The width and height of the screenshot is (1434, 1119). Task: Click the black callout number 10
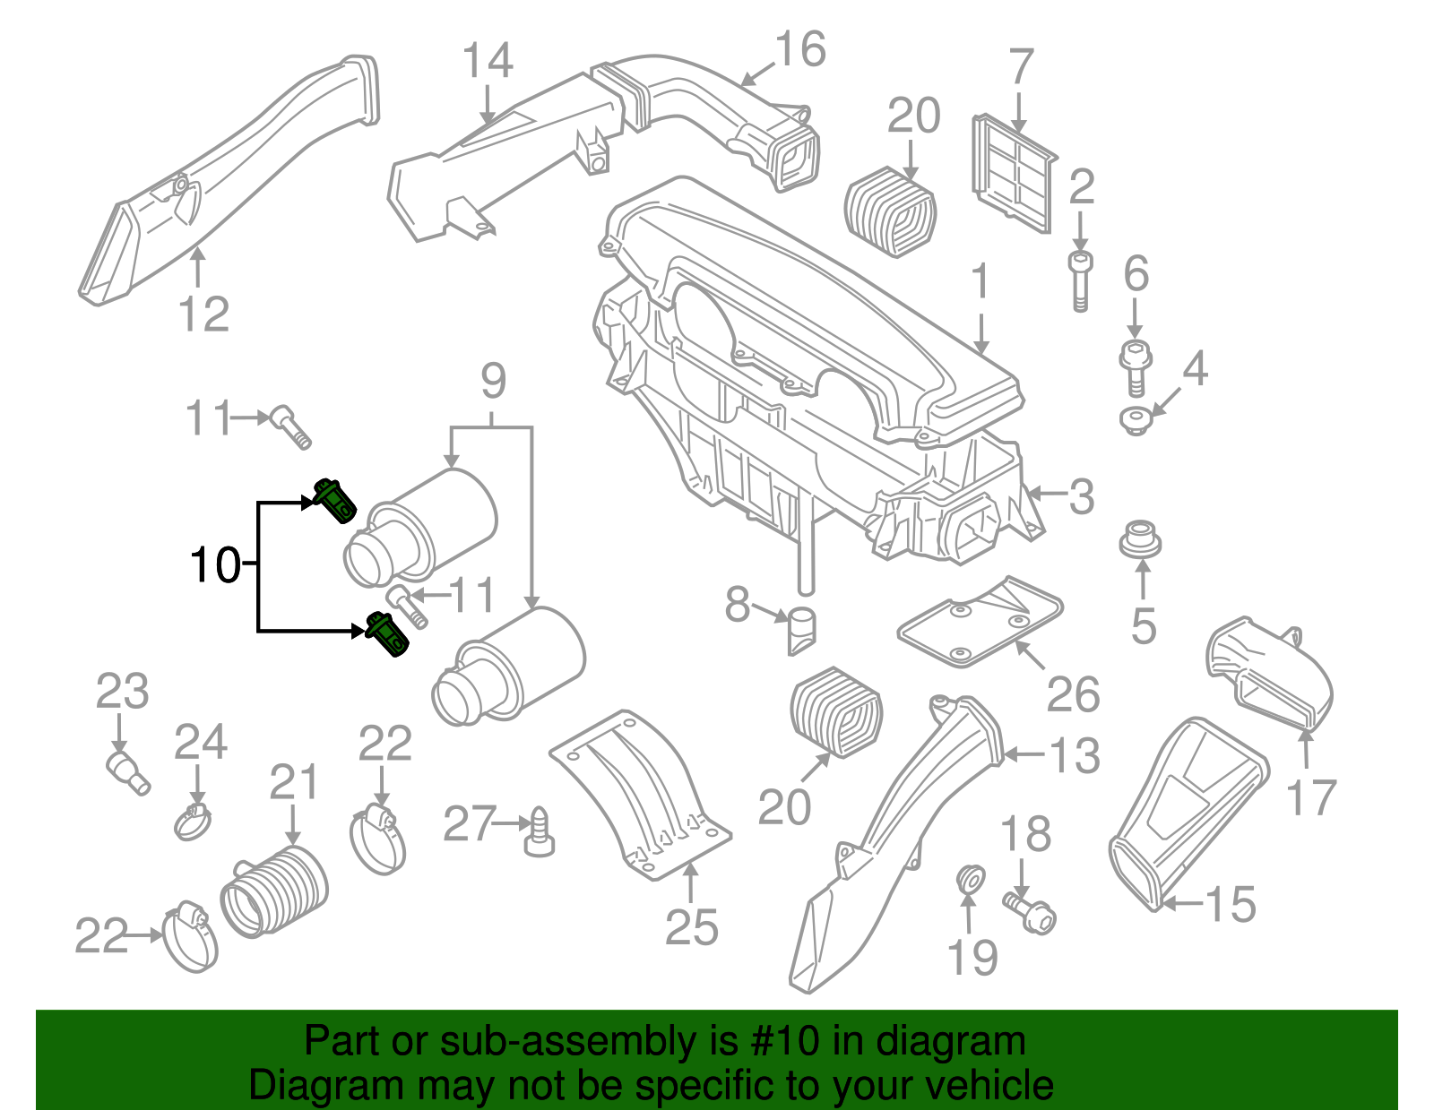(215, 564)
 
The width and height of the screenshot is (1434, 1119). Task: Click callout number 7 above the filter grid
(1021, 68)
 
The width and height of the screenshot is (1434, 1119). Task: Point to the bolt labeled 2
(1080, 280)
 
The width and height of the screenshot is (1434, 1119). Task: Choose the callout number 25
(691, 927)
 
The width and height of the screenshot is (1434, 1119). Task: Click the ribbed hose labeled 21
(274, 891)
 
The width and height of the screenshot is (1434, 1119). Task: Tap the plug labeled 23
(127, 772)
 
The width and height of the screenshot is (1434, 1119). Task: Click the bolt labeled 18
(1031, 911)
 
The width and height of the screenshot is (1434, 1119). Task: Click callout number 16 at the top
(799, 50)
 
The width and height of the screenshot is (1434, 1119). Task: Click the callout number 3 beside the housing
(1081, 496)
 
